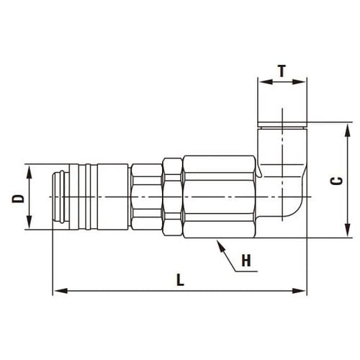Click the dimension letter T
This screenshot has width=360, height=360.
coord(282,71)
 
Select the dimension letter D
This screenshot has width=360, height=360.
coord(18,199)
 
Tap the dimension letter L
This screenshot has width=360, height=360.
coord(180,280)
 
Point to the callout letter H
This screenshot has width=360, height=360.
coord(246,261)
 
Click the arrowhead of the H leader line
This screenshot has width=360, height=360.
coord(220,246)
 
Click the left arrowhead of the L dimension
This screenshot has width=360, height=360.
coord(60,291)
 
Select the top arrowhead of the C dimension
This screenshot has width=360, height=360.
coord(347,130)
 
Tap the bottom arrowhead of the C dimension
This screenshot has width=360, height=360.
coord(347,230)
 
